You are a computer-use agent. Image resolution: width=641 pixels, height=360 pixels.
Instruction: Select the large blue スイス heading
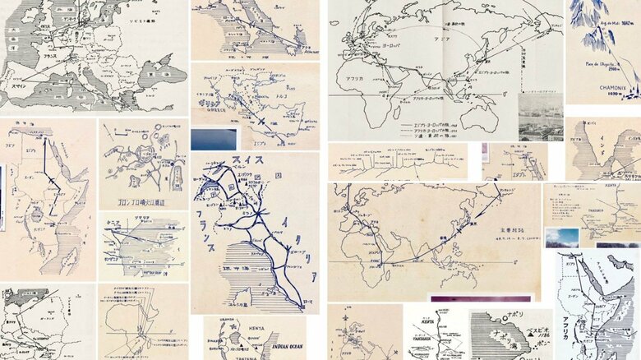247,160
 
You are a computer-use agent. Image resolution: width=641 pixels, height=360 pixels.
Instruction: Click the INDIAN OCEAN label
284,346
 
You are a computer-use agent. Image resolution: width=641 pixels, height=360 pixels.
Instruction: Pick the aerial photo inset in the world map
541,117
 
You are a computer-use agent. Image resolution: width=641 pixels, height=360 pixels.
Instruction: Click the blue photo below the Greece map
214,139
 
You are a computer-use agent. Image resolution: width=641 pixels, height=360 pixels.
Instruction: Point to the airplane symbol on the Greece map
261,121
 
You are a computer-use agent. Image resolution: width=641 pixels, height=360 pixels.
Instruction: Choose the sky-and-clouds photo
562,237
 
